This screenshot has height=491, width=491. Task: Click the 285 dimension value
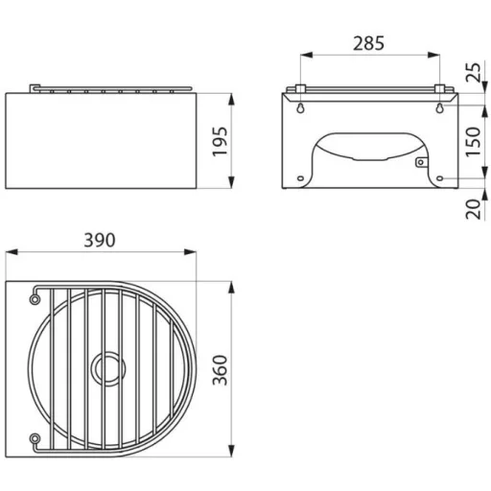click(368, 43)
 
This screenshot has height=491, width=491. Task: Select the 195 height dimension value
click(221, 142)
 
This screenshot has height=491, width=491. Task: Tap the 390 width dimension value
click(100, 240)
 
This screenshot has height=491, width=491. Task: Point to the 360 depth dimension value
click(221, 369)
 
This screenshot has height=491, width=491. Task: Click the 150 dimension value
click(473, 142)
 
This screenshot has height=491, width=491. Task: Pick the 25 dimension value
click(473, 73)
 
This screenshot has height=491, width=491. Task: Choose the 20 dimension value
click(473, 209)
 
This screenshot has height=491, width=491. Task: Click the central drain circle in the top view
click(108, 368)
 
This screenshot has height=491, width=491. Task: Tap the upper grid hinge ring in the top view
click(35, 299)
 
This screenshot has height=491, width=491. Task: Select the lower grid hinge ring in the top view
click(35, 438)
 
